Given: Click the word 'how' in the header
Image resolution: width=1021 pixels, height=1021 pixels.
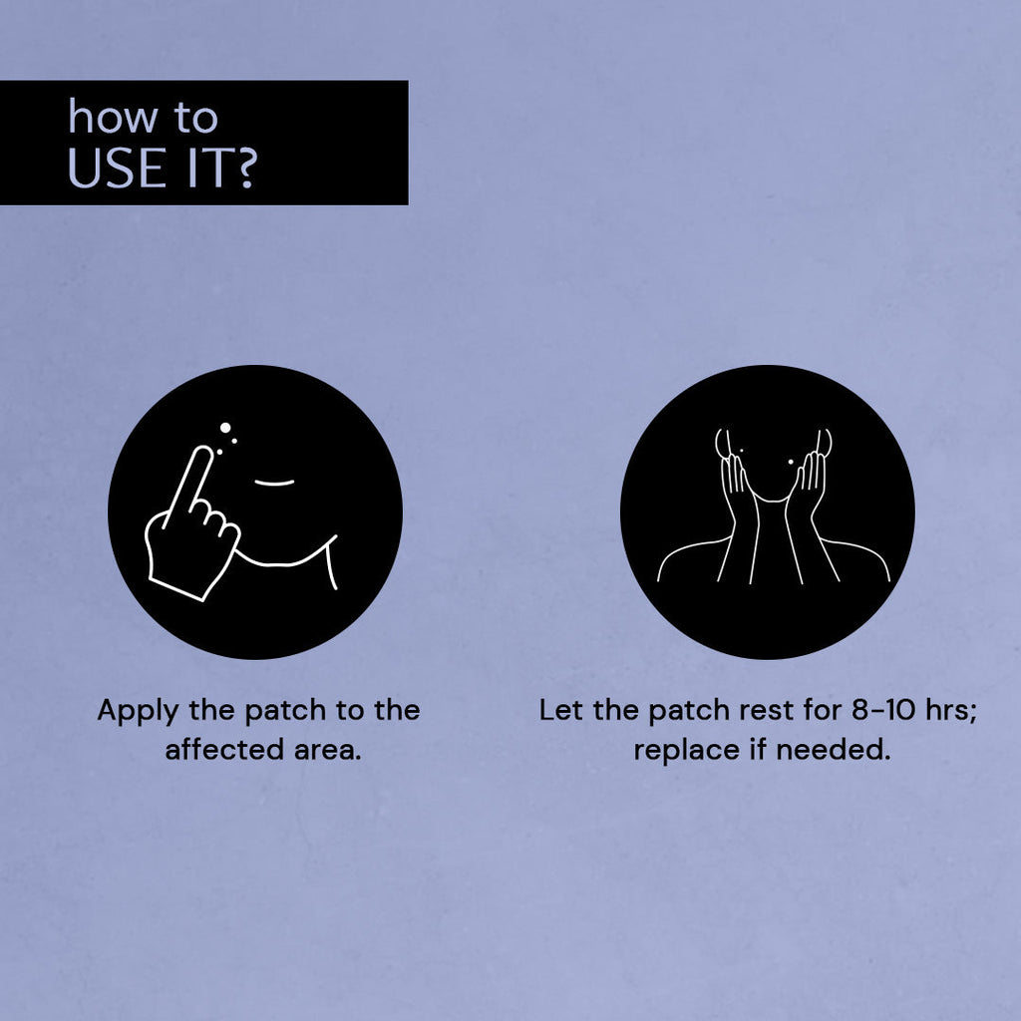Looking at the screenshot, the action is tap(113, 118).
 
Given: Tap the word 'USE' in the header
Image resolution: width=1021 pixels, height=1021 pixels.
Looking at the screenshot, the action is tap(117, 168).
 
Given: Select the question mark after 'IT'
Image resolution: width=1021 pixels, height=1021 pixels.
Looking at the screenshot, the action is tap(245, 168).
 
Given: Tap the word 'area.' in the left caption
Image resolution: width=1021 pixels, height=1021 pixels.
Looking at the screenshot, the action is tap(327, 751).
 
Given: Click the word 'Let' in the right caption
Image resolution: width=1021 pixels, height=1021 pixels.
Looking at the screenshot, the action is tap(560, 710).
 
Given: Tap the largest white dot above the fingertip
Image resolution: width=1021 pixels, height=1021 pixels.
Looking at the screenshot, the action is tap(225, 428).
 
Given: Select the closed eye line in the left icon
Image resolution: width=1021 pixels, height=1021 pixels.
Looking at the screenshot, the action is tap(274, 484).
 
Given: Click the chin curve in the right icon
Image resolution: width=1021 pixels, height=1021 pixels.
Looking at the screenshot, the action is tap(772, 500).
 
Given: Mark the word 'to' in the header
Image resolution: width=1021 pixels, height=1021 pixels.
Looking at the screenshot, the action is tap(195, 119).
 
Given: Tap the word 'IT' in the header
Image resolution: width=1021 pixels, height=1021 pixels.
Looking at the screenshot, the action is tap(206, 168).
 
